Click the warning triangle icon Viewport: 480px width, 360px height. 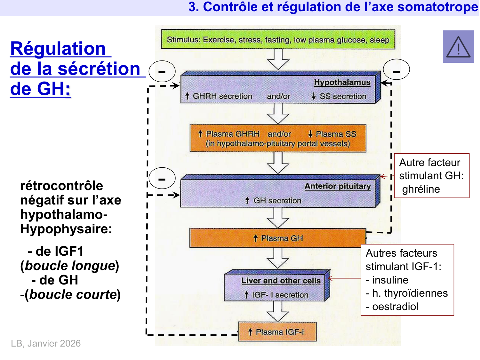pyautogui.click(x=458, y=47)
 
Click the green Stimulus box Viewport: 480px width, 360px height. pyautogui.click(x=278, y=40)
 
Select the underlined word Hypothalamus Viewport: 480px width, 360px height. pyautogui.click(x=342, y=82)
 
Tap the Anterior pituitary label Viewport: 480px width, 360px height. pyautogui.click(x=337, y=186)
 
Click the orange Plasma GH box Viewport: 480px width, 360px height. pyautogui.click(x=278, y=238)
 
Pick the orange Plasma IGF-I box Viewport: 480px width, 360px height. pyautogui.click(x=277, y=332)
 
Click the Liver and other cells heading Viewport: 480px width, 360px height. pyautogui.click(x=281, y=281)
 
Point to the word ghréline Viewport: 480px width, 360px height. pyautogui.click(x=421, y=189)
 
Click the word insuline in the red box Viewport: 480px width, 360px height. pyautogui.click(x=390, y=280)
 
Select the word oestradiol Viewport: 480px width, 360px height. pyautogui.click(x=395, y=307)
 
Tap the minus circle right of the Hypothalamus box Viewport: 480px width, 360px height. pyautogui.click(x=396, y=70)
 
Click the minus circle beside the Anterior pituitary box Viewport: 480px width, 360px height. pyautogui.click(x=162, y=178)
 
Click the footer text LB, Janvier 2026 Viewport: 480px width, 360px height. pyautogui.click(x=46, y=343)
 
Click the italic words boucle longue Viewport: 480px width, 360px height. pyautogui.click(x=70, y=266)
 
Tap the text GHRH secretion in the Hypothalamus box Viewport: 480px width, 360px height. pyautogui.click(x=222, y=96)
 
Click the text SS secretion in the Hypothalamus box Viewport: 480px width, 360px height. pyautogui.click(x=343, y=96)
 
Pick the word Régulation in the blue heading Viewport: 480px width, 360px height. pyautogui.click(x=58, y=49)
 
